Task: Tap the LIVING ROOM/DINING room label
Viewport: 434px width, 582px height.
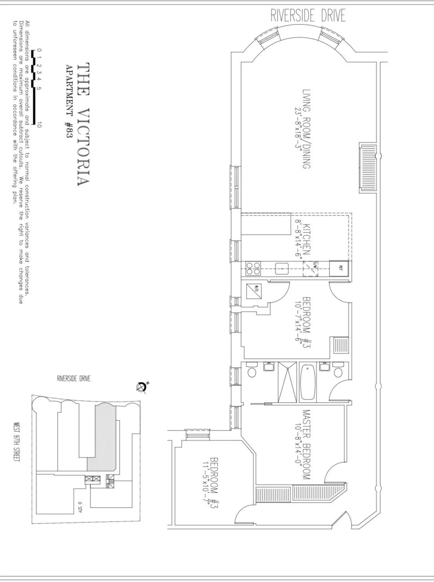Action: coord(307,129)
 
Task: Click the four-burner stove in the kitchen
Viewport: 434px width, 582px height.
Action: coord(254,269)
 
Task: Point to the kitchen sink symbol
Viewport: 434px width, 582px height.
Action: coord(282,269)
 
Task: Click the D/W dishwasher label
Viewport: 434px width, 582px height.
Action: coord(315,265)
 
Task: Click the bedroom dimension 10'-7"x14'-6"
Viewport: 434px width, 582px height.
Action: coord(298,323)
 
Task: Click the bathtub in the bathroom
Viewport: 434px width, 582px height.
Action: coord(308,382)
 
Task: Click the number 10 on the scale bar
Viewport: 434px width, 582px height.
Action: coord(39,124)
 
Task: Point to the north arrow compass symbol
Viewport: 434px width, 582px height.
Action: coord(142,387)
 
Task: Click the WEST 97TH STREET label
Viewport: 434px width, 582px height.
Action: coord(17,442)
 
